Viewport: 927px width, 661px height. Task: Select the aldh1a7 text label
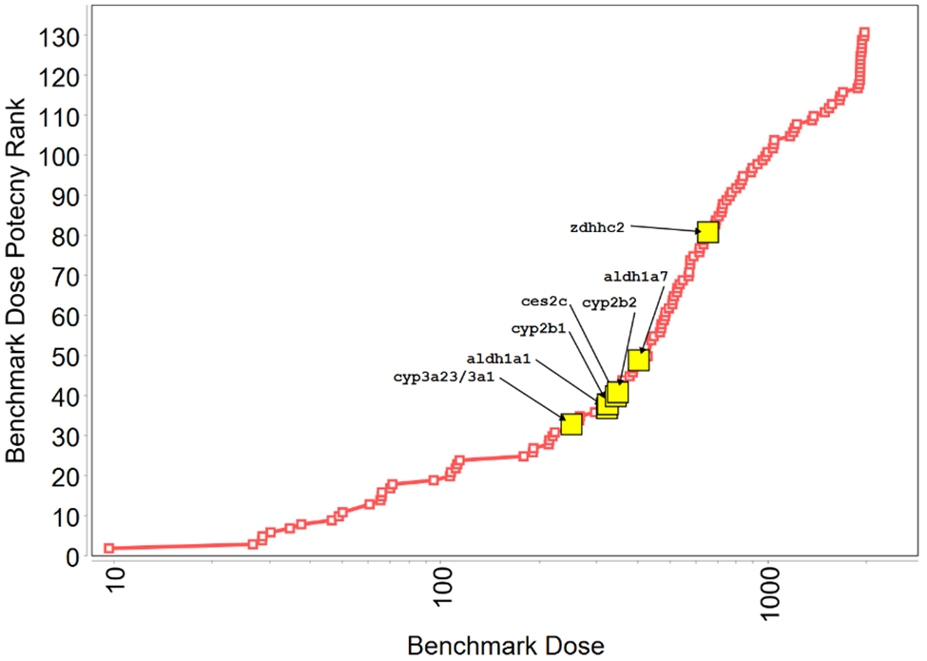(636, 277)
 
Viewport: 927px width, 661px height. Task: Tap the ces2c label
(545, 301)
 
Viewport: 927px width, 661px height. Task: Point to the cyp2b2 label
(609, 302)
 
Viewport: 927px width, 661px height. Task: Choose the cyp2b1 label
(538, 328)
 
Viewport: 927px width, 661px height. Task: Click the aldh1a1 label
(498, 359)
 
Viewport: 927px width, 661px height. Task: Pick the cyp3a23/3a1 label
(443, 377)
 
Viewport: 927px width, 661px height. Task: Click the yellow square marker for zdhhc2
(706, 232)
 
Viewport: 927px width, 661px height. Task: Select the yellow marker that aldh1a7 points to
(638, 360)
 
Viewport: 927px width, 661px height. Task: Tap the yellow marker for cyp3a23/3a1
(570, 424)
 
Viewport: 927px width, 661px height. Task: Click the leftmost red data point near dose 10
(108, 549)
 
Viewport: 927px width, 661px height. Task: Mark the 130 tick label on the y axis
(61, 35)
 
